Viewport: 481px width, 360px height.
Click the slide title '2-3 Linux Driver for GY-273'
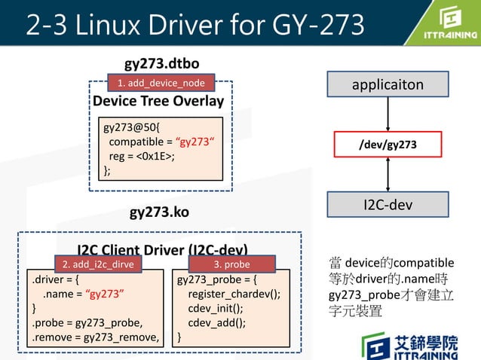pos(195,24)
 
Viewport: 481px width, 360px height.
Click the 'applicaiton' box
pos(388,84)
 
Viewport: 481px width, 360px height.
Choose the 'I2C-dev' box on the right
pos(388,203)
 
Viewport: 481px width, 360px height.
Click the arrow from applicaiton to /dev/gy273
pos(388,114)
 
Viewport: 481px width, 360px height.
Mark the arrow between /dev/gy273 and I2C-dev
pos(388,174)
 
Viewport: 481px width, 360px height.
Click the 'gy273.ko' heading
pos(159,212)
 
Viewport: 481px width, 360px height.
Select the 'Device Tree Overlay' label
pos(158,101)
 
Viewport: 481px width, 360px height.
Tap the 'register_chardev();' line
pos(234,294)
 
